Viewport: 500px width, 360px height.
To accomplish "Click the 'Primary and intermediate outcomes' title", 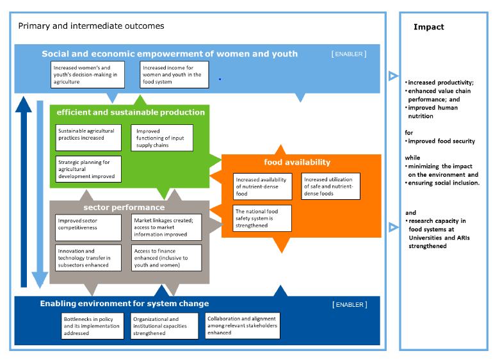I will click(x=91, y=26).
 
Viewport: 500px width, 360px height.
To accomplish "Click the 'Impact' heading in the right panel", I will click(x=428, y=27).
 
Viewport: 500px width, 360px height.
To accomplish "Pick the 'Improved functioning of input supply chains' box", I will click(x=163, y=138).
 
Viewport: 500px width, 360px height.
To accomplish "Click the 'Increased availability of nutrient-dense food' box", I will click(x=262, y=186).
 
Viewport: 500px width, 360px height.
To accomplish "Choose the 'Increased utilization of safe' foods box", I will click(x=330, y=186).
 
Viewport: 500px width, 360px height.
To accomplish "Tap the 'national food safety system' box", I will click(x=262, y=218).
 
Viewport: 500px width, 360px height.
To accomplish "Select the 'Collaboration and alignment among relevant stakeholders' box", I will click(x=242, y=325).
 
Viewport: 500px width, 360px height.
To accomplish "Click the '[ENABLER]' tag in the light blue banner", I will click(x=348, y=54).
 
